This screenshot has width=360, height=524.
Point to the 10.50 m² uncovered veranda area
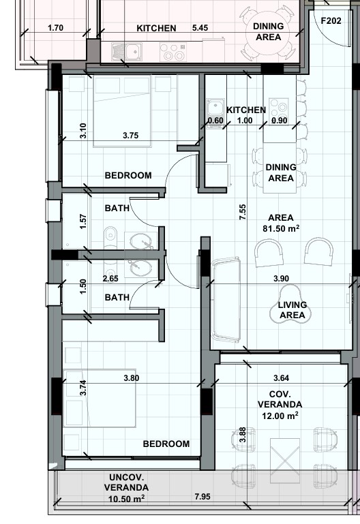click(124, 499)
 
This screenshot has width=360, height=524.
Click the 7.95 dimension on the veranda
click(202, 498)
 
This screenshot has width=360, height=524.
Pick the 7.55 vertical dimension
click(243, 213)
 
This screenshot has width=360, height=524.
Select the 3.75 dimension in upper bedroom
click(130, 136)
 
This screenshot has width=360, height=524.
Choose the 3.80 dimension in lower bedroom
click(132, 377)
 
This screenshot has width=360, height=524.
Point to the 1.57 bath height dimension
click(82, 221)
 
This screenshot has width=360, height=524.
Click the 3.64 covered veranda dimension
click(280, 377)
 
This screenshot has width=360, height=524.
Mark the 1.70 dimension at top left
click(57, 28)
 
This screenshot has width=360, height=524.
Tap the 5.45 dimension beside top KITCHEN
click(200, 28)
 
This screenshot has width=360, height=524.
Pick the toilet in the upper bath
click(110, 236)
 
